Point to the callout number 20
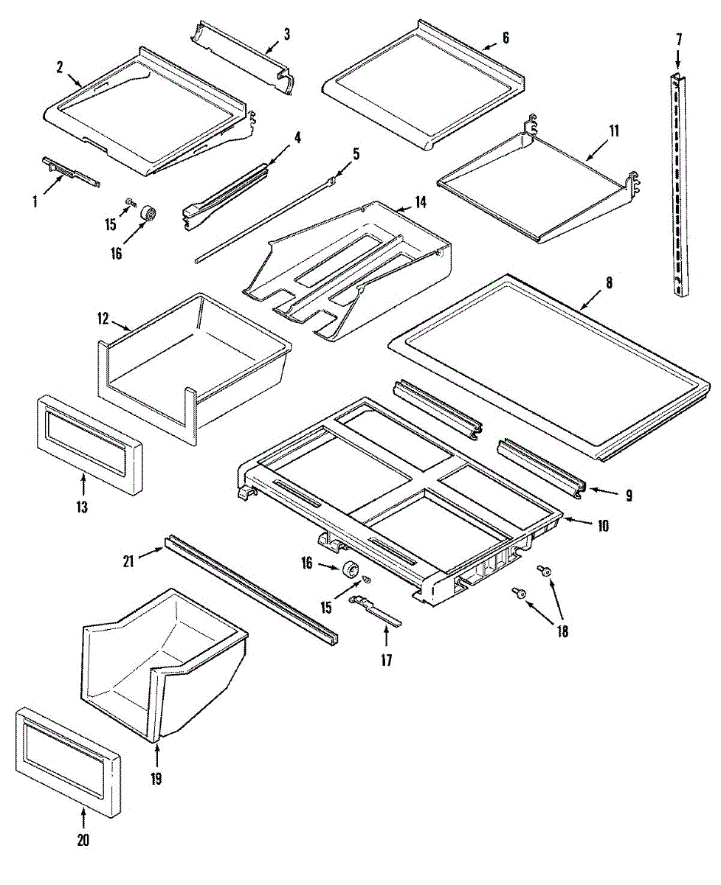click(x=83, y=839)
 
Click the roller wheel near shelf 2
click(x=149, y=213)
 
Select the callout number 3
click(x=286, y=34)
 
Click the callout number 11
click(x=614, y=131)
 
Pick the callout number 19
click(x=156, y=778)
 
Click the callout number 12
click(x=103, y=319)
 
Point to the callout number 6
click(x=505, y=38)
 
